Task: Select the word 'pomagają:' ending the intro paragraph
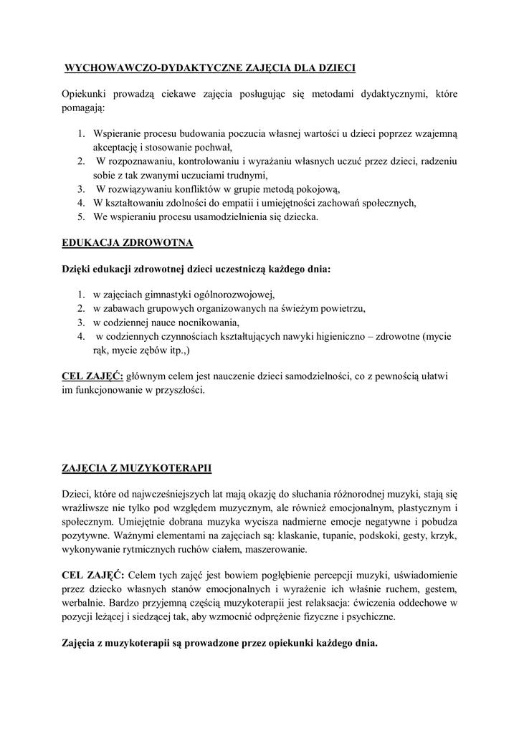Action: click(x=83, y=108)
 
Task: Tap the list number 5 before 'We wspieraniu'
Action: click(x=82, y=216)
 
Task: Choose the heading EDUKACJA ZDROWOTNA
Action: click(x=128, y=243)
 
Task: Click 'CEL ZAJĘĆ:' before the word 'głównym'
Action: click(x=92, y=376)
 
